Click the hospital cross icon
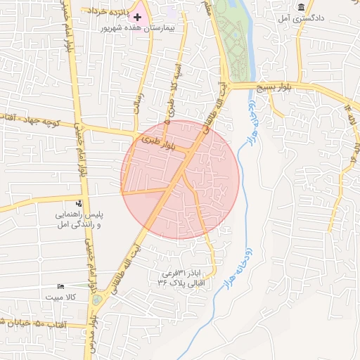(138, 15)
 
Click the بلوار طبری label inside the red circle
(156, 140)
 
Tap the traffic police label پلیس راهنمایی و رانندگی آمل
(79, 218)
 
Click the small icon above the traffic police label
(79, 203)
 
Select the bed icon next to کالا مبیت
(60, 287)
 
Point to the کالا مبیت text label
(60, 297)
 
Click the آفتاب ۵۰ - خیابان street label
(33, 323)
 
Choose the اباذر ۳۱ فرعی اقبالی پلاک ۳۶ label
(183, 277)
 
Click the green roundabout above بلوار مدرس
(96, 300)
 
